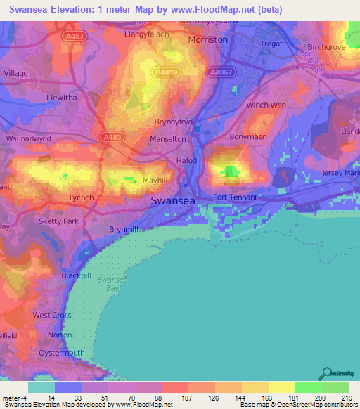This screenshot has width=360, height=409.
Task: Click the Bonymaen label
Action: pos(248,137)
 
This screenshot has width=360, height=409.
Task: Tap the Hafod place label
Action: pos(186,161)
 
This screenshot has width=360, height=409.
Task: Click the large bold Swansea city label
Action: pos(173,201)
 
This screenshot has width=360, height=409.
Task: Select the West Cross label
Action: pos(52,316)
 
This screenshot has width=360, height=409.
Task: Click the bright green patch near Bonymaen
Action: pos(231,171)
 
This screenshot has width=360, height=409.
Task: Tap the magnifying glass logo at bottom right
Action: pos(325,372)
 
